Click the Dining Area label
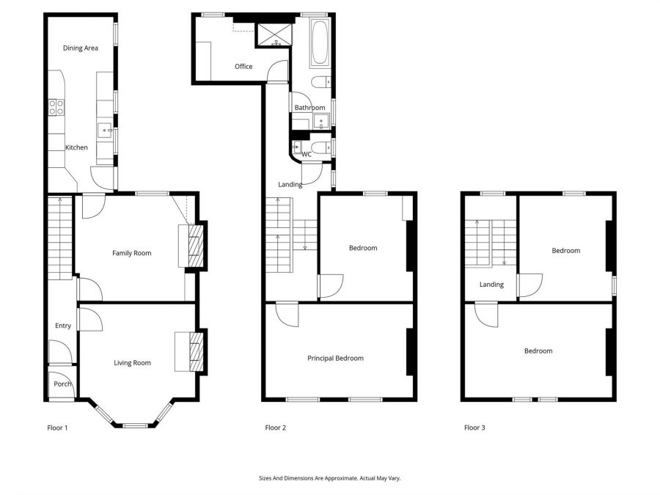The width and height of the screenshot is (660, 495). pos(81,48)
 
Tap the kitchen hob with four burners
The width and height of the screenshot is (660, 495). pos(56,108)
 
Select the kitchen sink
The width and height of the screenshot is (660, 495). pos(105,131)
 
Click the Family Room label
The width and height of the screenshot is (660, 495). pos(131,253)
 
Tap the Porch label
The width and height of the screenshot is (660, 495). pos(62,384)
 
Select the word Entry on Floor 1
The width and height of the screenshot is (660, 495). pos(63,326)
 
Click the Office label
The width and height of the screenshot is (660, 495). pos(243,67)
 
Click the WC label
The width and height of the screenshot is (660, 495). pos(307,154)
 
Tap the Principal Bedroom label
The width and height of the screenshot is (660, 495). pos(335,359)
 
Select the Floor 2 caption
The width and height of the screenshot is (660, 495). pos(275,428)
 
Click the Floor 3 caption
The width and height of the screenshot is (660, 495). pos(474,428)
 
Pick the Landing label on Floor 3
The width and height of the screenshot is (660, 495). pos(491,285)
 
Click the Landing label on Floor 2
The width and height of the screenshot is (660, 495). pos(290,185)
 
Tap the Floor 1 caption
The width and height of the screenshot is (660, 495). pos(57,428)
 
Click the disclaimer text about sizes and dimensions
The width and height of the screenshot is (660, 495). pos(329,478)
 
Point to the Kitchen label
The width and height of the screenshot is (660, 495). pos(76,147)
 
